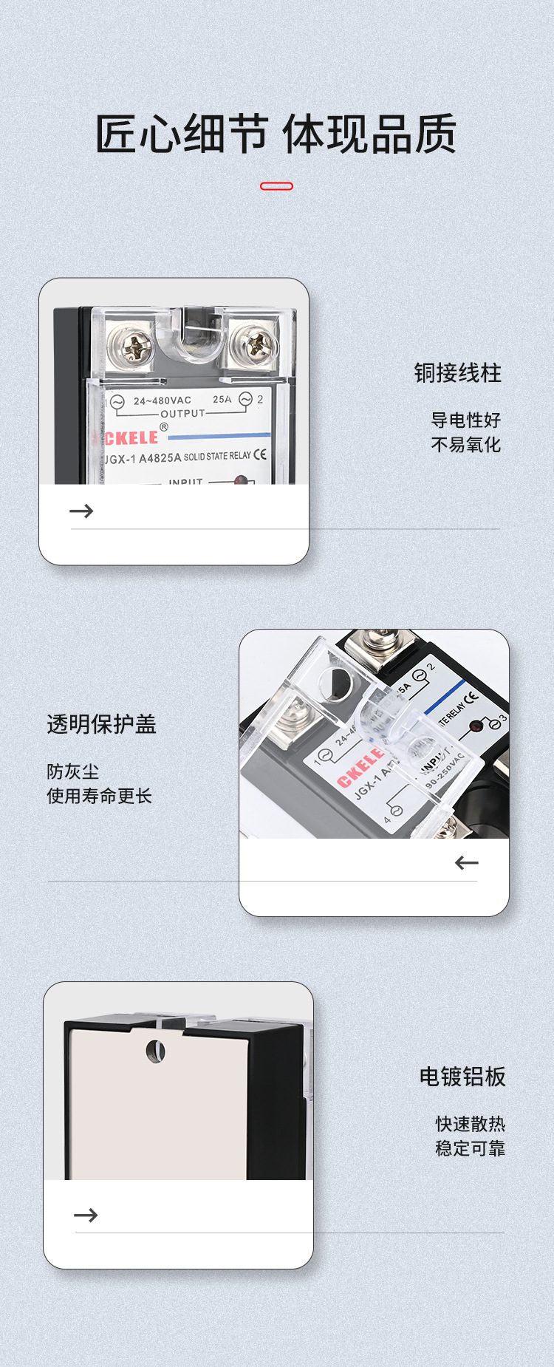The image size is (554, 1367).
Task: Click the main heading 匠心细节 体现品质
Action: [x=276, y=134]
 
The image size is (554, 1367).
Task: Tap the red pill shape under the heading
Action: [x=276, y=186]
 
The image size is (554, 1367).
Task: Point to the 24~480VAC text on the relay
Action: [x=162, y=400]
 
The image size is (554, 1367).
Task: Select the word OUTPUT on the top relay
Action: [x=182, y=414]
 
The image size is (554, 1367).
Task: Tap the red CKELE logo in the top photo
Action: [x=130, y=438]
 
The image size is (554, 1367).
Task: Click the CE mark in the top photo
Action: [x=260, y=454]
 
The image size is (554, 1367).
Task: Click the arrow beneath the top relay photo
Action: [x=81, y=511]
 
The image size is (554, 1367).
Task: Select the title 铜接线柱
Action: [x=457, y=373]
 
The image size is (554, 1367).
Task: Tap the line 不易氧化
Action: [x=465, y=445]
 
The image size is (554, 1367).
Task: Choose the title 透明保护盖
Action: [x=101, y=724]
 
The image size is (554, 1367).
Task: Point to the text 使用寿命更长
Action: [x=99, y=796]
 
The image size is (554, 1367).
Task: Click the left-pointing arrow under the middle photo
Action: [x=467, y=862]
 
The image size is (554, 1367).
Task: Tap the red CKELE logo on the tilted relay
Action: [x=360, y=767]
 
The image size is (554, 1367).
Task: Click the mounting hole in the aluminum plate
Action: [x=155, y=1051]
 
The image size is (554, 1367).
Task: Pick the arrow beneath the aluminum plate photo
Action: [x=86, y=1215]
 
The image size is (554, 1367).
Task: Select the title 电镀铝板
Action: [x=462, y=1077]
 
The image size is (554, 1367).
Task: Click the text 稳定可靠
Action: [x=470, y=1148]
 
